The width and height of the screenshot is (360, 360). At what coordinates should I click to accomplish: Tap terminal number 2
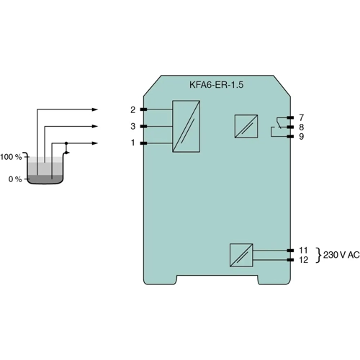pyautogui.click(x=132, y=109)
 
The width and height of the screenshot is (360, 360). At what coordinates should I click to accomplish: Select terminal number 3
pyautogui.click(x=132, y=126)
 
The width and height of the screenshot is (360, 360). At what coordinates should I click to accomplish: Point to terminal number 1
pyautogui.click(x=132, y=143)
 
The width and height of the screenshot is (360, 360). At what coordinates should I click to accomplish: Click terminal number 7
pyautogui.click(x=301, y=117)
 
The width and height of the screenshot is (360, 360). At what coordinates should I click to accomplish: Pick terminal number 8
pyautogui.click(x=301, y=126)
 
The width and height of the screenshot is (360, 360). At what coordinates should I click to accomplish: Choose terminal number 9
pyautogui.click(x=301, y=135)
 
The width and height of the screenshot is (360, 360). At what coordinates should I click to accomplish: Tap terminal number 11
pyautogui.click(x=303, y=250)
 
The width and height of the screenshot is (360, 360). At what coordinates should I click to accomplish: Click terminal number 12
pyautogui.click(x=303, y=259)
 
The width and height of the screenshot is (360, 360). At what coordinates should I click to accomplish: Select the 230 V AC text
pyautogui.click(x=341, y=255)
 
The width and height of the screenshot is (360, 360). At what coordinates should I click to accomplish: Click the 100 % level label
pyautogui.click(x=12, y=156)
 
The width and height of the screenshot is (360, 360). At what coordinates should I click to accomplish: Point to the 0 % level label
pyautogui.click(x=14, y=179)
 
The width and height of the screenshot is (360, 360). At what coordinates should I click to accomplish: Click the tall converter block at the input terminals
pyautogui.click(x=186, y=126)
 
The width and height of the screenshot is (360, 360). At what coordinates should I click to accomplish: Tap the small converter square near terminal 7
pyautogui.click(x=244, y=126)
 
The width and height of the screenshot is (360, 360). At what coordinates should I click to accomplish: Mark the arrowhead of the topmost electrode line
pyautogui.click(x=94, y=109)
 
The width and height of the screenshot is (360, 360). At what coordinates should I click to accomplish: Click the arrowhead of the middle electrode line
pyautogui.click(x=94, y=126)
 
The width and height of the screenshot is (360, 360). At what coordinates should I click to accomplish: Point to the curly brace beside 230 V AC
pyautogui.click(x=318, y=255)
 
